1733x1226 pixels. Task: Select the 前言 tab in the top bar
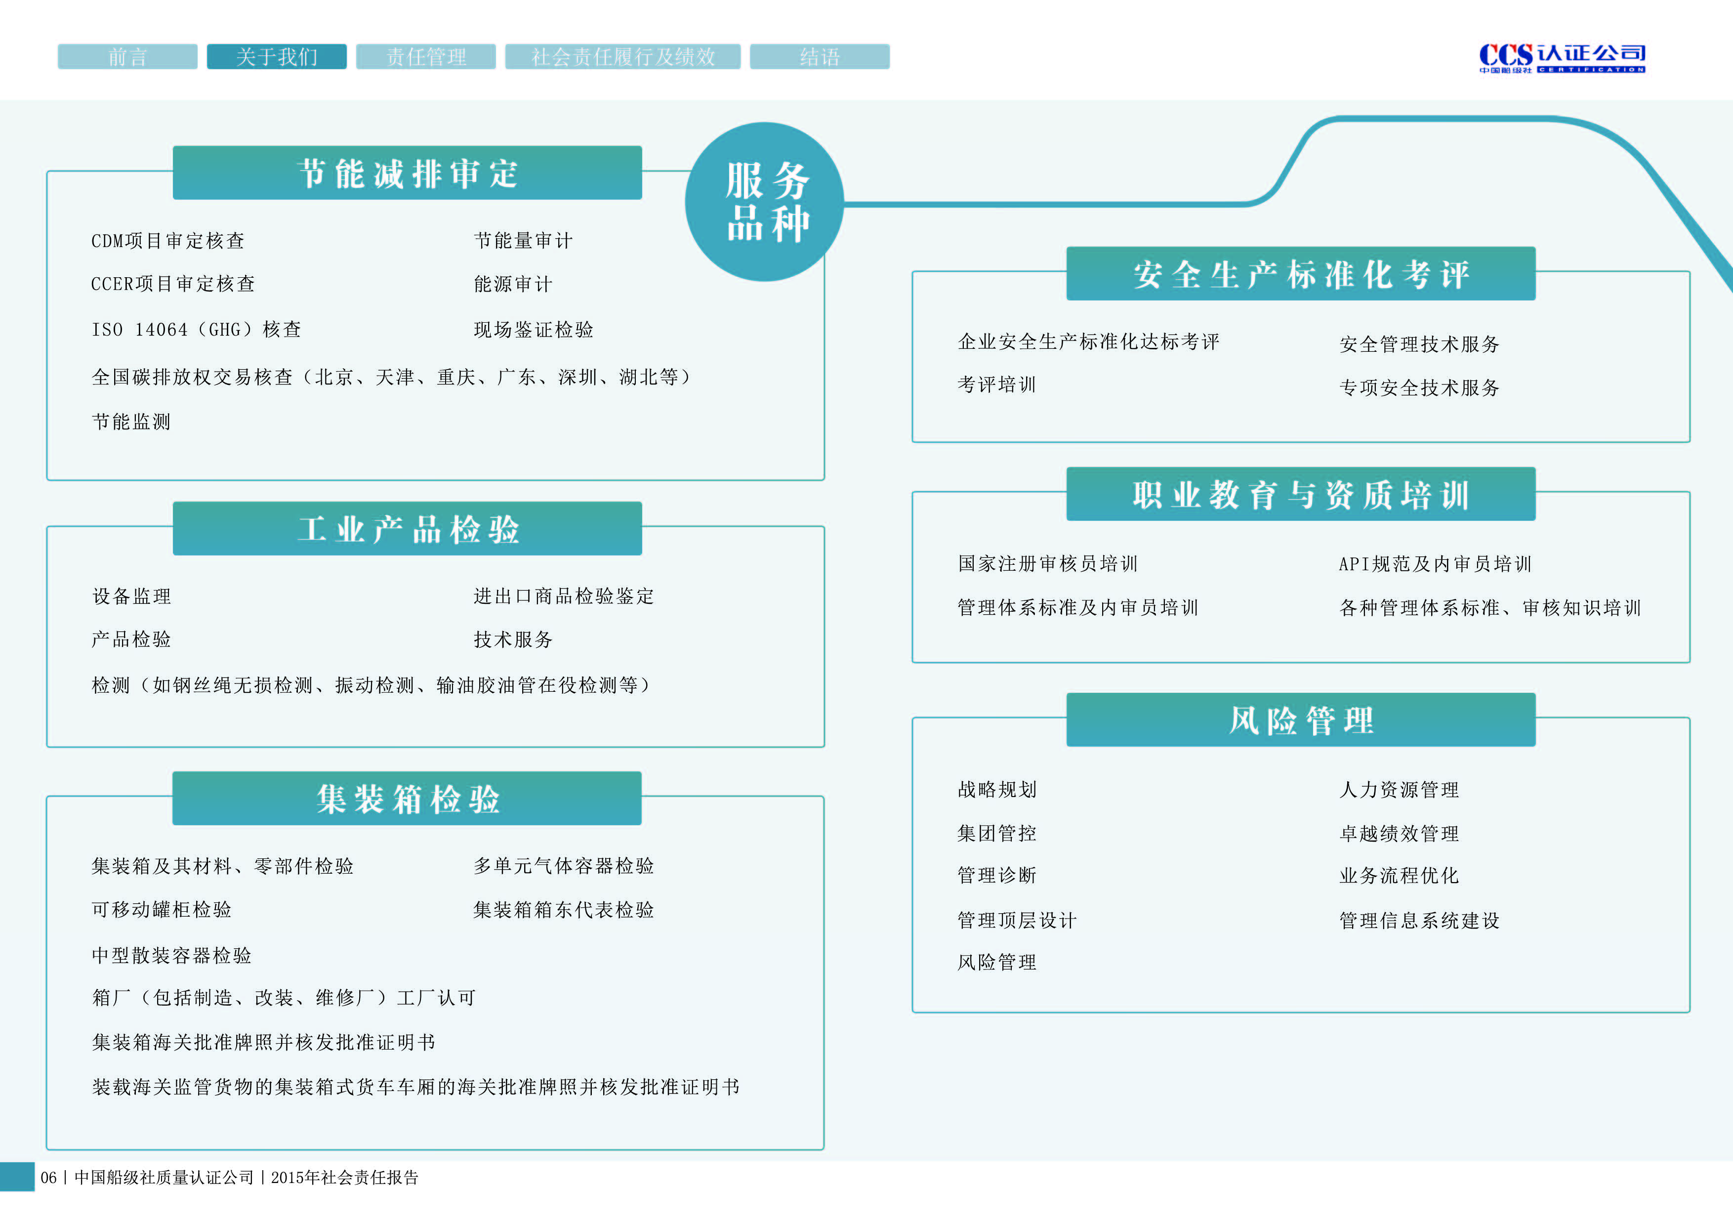pos(127,57)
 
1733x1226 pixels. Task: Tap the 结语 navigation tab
pos(819,57)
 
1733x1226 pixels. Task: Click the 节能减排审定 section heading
pos(407,173)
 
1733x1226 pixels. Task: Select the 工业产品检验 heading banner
pos(407,528)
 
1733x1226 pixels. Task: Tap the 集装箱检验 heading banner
pos(407,798)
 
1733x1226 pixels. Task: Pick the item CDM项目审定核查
pos(167,241)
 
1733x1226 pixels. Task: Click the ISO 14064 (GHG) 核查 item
pos(196,330)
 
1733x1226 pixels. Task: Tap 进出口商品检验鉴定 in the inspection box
pos(563,596)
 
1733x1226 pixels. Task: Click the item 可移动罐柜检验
pos(162,910)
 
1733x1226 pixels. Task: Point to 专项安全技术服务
pos(1419,388)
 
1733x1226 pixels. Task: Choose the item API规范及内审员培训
pos(1434,564)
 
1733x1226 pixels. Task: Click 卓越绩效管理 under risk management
pos(1399,834)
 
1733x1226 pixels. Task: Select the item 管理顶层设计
pos(1017,920)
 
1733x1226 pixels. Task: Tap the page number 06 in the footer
pos(49,1178)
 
